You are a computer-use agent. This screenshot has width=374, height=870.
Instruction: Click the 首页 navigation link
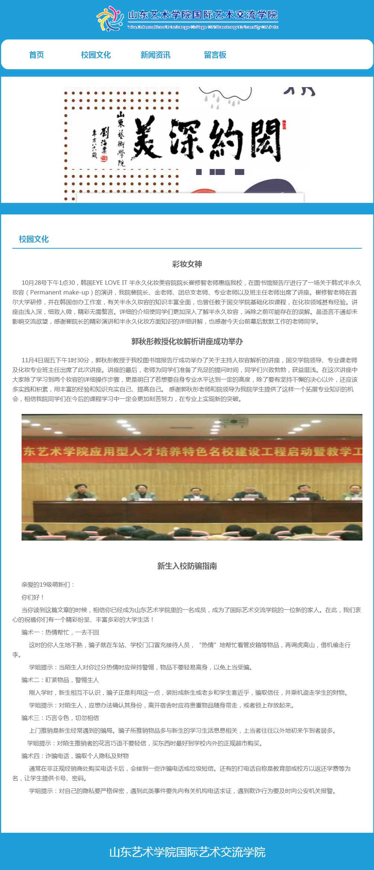point(36,55)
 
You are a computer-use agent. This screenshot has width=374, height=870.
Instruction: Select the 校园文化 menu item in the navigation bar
point(96,55)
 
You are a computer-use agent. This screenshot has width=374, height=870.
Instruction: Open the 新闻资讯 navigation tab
point(156,55)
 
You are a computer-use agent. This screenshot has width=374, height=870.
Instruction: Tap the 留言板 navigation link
point(215,55)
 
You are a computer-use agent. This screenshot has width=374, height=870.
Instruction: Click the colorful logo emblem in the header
point(110,19)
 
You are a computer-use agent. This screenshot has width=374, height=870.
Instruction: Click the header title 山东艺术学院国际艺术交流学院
point(203,15)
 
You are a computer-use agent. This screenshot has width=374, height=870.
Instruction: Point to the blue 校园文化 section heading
point(34,239)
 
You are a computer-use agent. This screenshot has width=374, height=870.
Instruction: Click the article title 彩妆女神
point(187,264)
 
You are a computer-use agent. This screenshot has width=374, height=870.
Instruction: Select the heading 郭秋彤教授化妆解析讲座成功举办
point(187,342)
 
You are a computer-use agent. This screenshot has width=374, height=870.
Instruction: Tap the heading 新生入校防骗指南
point(187,566)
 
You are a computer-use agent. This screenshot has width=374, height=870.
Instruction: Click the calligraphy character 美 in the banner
point(147,138)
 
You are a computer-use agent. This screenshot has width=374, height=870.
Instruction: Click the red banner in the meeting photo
point(192,452)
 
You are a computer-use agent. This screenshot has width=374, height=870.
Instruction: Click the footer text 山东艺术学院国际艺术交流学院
point(187,852)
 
